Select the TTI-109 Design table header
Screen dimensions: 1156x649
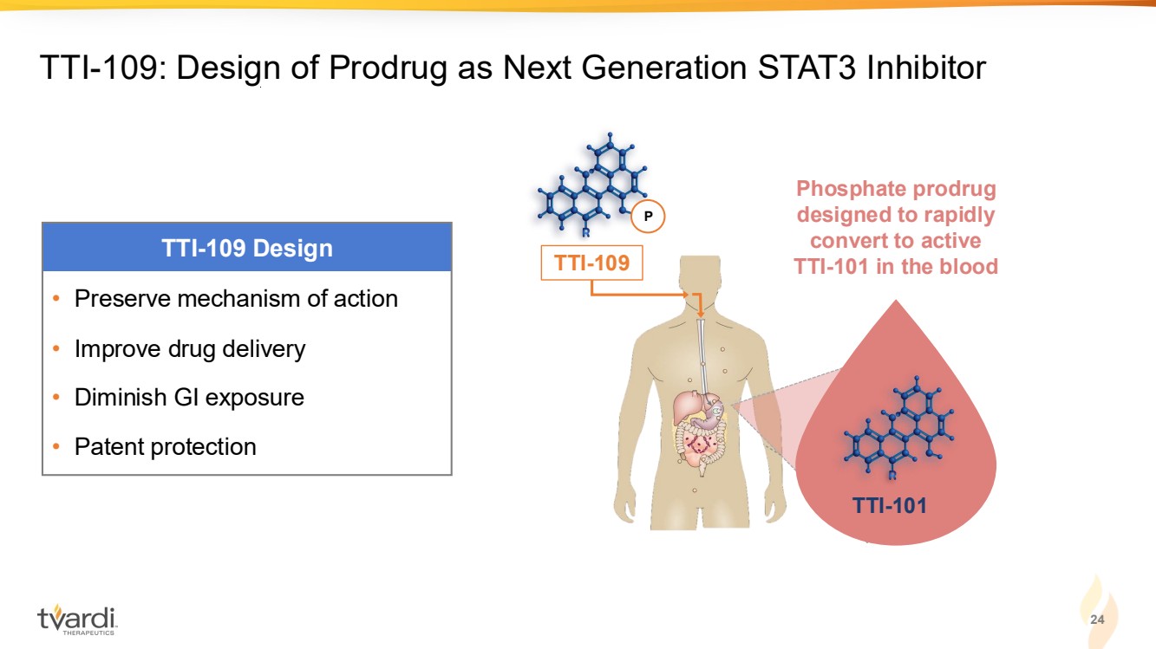246,248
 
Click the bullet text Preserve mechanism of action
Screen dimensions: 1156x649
236,298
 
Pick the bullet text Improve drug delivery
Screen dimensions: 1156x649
190,349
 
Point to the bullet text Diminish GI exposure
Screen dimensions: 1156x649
189,398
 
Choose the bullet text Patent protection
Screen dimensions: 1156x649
165,446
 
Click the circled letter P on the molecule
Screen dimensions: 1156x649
648,217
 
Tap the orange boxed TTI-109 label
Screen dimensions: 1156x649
592,263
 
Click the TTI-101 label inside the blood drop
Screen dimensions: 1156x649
890,505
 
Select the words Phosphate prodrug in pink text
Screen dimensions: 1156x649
896,189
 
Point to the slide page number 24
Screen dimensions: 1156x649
1097,619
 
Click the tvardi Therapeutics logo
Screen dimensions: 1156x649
77,620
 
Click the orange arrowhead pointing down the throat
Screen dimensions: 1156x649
701,313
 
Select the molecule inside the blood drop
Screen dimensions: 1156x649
898,427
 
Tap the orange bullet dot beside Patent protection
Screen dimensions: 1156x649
56,446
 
